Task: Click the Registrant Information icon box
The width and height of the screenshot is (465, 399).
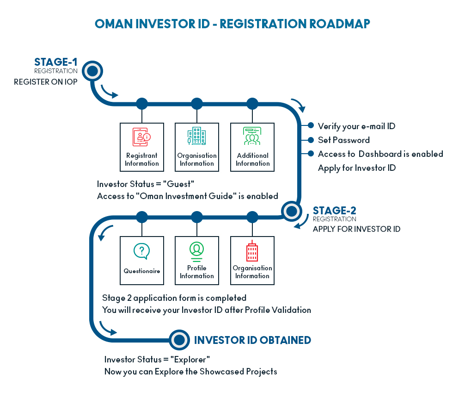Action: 142,147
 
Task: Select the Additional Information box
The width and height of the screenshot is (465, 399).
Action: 252,147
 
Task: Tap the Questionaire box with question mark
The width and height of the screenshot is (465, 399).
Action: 142,260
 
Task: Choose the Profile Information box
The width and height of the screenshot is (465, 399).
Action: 197,260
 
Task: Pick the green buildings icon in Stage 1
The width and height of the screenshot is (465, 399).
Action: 197,137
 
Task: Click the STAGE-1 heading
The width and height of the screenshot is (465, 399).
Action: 56,62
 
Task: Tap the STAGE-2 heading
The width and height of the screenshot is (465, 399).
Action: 335,211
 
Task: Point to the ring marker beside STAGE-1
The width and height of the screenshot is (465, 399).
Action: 92,71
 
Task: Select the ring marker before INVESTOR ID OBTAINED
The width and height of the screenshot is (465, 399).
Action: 179,340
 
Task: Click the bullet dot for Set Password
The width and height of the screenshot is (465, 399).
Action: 311,140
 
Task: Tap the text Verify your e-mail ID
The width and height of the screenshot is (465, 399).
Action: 356,126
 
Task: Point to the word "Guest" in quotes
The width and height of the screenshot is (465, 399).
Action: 171,184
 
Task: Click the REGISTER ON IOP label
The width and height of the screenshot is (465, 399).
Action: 45,82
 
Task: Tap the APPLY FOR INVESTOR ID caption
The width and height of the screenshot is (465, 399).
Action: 356,229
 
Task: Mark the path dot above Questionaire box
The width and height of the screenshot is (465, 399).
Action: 142,217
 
